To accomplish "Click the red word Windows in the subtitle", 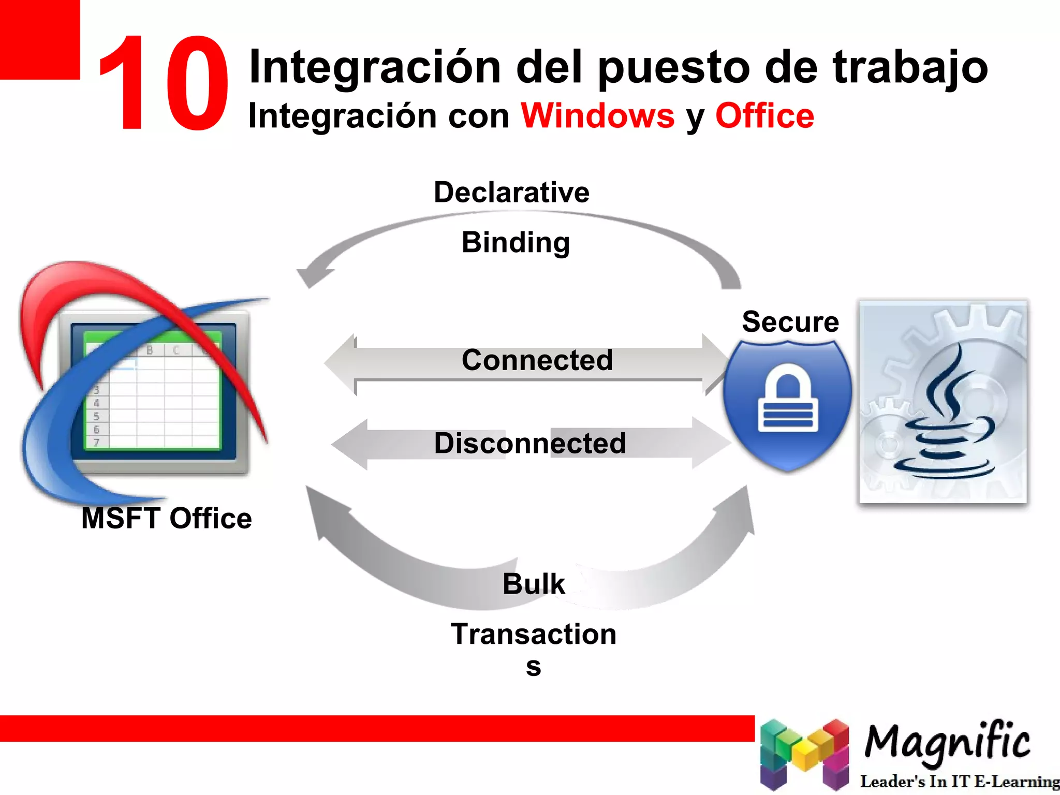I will (x=598, y=115).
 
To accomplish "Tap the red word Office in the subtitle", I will (x=764, y=115).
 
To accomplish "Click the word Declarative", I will (x=511, y=193).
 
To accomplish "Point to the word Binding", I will (x=516, y=242).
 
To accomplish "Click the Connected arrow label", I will (x=537, y=360).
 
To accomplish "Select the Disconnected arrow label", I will (x=530, y=444).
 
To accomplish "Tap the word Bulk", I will (x=534, y=584).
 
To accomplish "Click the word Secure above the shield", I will (x=790, y=322).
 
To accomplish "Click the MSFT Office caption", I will (x=166, y=518).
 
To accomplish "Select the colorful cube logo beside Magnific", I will (x=804, y=753).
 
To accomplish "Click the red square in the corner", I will (x=39, y=39).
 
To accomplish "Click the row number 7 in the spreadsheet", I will (x=96, y=442).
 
